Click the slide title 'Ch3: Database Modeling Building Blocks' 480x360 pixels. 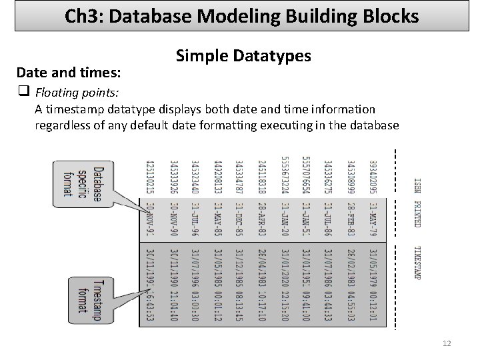[242, 15]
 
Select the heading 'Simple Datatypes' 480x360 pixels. [243, 56]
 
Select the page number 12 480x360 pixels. [447, 343]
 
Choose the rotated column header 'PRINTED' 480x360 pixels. [417, 214]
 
